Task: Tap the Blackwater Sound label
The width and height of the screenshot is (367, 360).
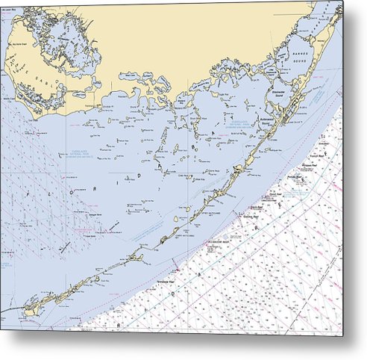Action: [279, 93]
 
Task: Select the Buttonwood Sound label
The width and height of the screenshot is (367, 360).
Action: [265, 120]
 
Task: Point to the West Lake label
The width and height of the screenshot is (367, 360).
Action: [130, 75]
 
